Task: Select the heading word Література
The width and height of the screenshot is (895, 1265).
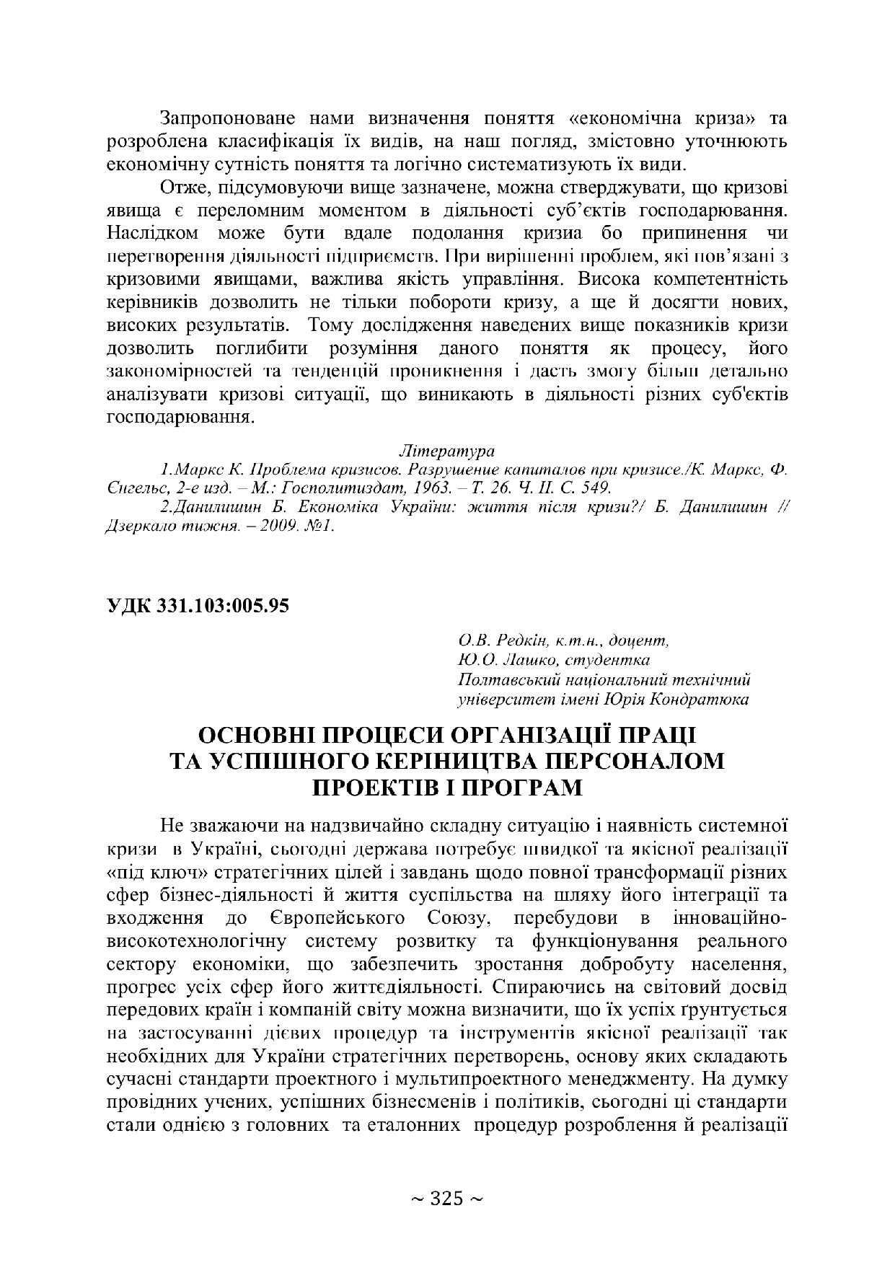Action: tap(446, 451)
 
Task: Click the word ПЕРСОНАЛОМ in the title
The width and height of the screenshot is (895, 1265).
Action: tap(627, 761)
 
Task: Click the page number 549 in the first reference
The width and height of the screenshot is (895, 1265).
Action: tap(598, 488)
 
